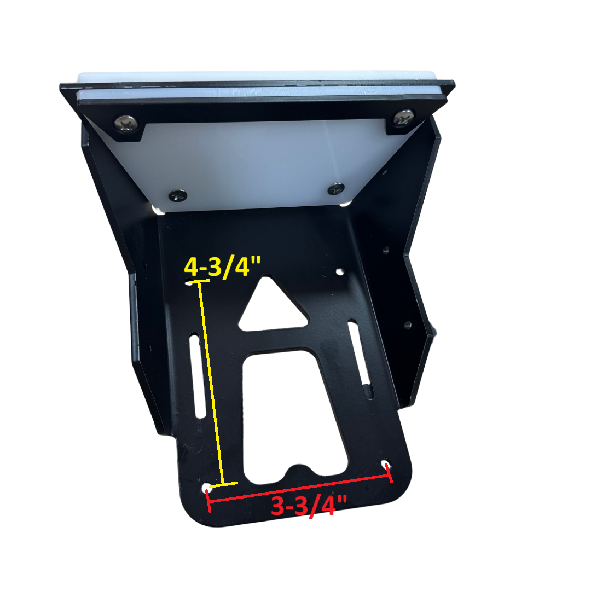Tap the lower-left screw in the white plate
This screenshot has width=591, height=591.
pyautogui.click(x=177, y=195)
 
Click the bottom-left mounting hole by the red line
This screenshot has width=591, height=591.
pyautogui.click(x=207, y=488)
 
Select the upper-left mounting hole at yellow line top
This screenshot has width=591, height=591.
pyautogui.click(x=189, y=283)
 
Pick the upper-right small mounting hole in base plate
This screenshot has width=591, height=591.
pyautogui.click(x=340, y=271)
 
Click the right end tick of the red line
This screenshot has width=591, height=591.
pyautogui.click(x=390, y=473)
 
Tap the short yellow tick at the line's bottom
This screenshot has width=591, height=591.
pyautogui.click(x=225, y=484)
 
